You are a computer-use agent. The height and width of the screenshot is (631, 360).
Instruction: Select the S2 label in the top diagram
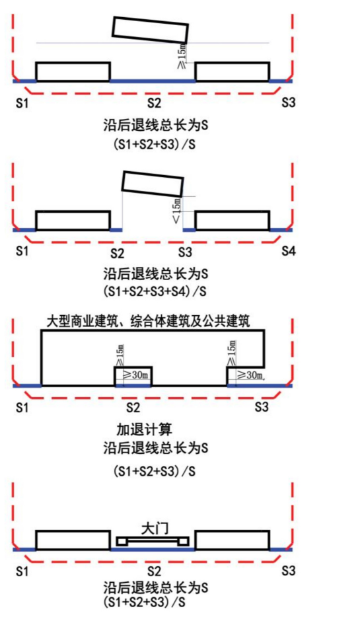click(x=154, y=104)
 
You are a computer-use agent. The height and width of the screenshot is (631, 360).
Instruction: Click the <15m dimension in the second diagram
click(x=176, y=209)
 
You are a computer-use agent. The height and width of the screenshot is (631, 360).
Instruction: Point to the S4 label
click(x=289, y=252)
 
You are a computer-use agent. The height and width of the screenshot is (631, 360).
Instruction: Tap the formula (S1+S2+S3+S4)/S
click(x=155, y=291)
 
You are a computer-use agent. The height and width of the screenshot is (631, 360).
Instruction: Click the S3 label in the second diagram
click(x=186, y=252)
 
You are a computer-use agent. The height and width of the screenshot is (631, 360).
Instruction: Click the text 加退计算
click(x=139, y=429)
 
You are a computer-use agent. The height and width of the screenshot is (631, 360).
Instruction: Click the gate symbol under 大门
click(x=153, y=541)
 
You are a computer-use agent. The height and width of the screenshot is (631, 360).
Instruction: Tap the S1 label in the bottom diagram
click(x=22, y=571)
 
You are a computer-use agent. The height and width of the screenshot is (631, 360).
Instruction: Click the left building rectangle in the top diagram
click(x=73, y=72)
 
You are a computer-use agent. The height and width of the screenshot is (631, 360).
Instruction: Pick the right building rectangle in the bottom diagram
click(x=232, y=540)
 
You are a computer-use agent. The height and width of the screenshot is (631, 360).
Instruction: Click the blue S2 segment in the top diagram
click(x=153, y=81)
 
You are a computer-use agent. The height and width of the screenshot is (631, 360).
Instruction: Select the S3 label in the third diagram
click(x=262, y=407)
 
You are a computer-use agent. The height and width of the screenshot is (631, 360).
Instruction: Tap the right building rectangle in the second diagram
click(x=232, y=221)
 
